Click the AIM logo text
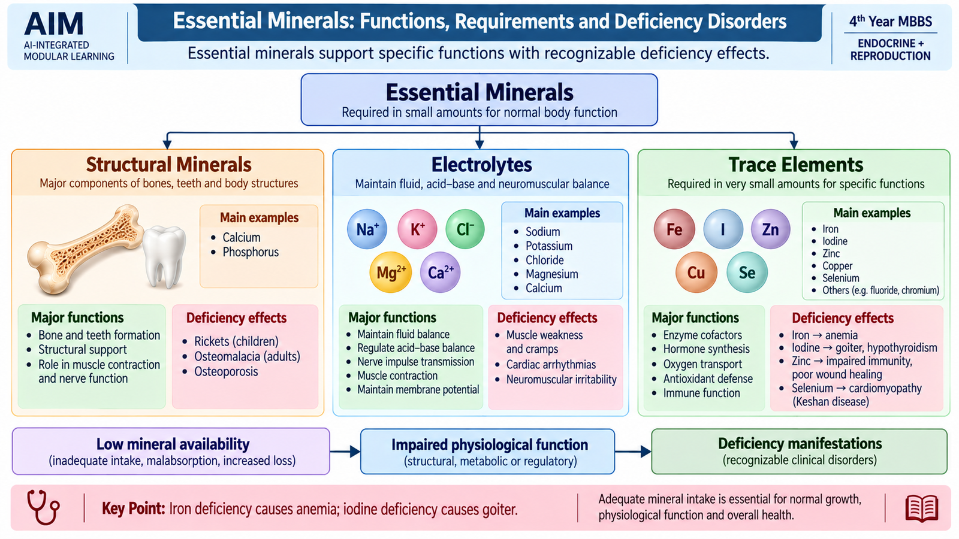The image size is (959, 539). pos(53,23)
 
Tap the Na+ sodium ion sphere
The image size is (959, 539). pos(367,229)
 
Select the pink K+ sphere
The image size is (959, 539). pos(417,229)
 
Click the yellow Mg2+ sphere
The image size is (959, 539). pos(390,272)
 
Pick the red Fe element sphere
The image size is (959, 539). pos(674,229)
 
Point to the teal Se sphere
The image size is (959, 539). pos(747,272)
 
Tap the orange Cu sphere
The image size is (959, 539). pos(696,272)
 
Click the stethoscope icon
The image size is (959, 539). pos(43,508)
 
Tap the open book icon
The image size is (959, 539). pos(922,508)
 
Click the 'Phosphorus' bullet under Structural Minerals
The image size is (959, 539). pos(251,252)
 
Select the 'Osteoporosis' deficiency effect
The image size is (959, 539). pos(226,371)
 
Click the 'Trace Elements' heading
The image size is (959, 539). pos(795,165)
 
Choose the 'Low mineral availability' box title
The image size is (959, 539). pos(173,444)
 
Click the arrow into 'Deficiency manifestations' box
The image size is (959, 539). pos(633,452)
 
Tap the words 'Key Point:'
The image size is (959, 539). pos(133,508)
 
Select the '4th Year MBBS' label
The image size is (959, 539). pos(891,22)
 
